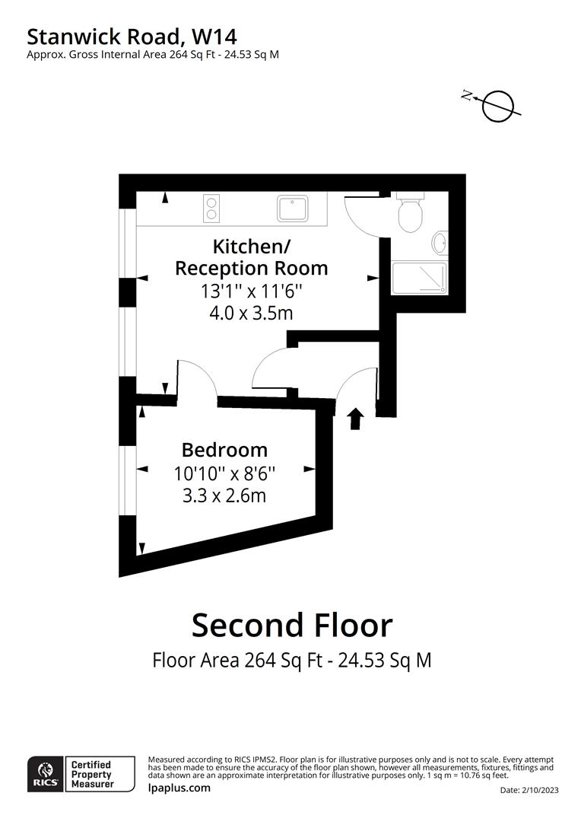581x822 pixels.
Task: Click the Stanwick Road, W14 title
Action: point(132,36)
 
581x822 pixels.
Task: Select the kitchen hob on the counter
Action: point(211,209)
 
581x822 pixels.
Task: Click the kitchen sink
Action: point(291,209)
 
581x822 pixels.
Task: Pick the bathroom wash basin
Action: point(440,244)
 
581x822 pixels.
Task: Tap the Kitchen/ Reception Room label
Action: point(251,257)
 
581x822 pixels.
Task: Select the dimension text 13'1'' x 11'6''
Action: point(251,291)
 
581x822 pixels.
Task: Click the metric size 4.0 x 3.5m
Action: point(251,312)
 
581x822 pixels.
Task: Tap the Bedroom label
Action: point(224,450)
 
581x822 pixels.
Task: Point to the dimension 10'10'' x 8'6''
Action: point(224,473)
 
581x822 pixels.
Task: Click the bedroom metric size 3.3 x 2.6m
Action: point(224,495)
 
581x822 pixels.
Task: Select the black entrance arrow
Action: point(355,419)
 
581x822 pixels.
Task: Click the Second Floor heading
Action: point(291,625)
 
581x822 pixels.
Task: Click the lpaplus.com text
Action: point(179,788)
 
